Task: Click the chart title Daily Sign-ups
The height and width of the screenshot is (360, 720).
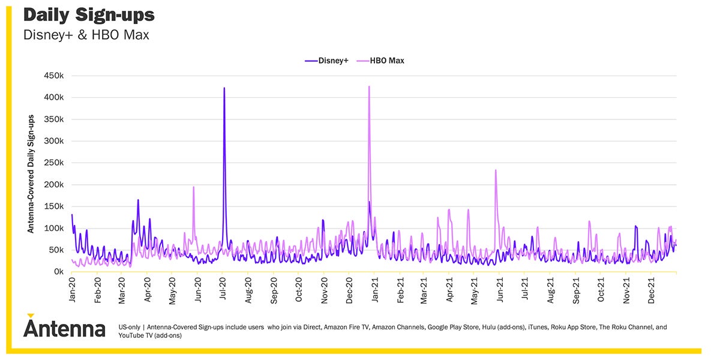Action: pyautogui.click(x=89, y=14)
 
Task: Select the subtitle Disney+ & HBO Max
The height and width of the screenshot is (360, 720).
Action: pyautogui.click(x=86, y=35)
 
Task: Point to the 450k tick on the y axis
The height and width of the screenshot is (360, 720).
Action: pyautogui.click(x=53, y=76)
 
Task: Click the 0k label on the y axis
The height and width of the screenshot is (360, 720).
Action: pyautogui.click(x=58, y=272)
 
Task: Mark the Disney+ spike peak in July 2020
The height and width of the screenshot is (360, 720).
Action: pyautogui.click(x=224, y=88)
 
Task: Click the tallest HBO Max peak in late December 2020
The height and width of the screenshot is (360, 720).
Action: pyautogui.click(x=369, y=87)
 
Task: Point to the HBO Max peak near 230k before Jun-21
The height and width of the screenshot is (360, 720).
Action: pyautogui.click(x=496, y=170)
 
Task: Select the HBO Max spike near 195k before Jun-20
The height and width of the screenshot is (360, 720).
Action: pyautogui.click(x=193, y=187)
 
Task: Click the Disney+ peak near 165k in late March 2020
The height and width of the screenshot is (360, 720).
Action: pyautogui.click(x=138, y=200)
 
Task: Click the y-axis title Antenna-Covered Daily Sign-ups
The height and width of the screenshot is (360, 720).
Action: pyautogui.click(x=31, y=174)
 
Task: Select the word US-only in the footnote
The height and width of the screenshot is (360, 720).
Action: pyautogui.click(x=129, y=328)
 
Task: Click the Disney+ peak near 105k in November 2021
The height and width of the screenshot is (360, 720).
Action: pyautogui.click(x=635, y=226)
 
